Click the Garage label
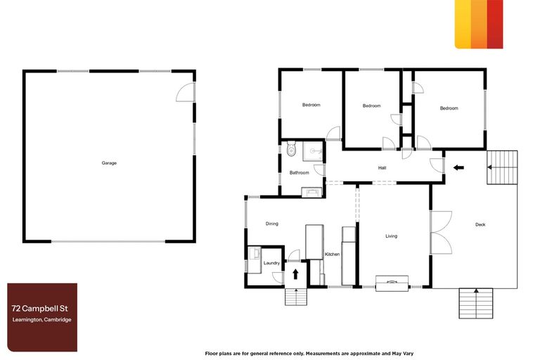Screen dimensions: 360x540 (109, 162)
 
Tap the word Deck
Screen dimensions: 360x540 (480, 224)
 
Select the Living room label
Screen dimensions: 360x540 (392, 236)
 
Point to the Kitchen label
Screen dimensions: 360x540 (332, 254)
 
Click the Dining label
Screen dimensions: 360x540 (272, 224)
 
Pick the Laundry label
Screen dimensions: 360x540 (271, 263)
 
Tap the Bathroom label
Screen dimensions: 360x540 (300, 172)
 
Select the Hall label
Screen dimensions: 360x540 (382, 167)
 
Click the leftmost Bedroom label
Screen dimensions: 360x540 (311, 105)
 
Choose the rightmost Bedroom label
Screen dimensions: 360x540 (449, 108)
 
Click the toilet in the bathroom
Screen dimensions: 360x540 (291, 149)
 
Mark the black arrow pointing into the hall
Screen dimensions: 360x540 (458, 167)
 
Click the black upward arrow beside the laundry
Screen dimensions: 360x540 (296, 274)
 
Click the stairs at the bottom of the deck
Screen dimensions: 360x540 (476, 303)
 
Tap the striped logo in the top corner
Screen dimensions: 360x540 (479, 24)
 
